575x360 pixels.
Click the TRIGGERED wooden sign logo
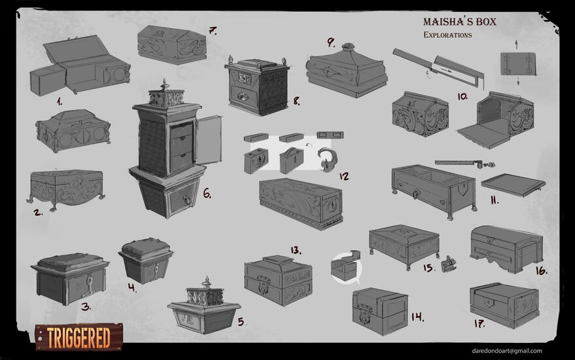[x=79, y=337]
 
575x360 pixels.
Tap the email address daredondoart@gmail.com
[x=507, y=351]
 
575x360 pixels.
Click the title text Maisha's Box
[x=459, y=22]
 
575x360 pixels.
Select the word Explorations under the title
[x=447, y=35]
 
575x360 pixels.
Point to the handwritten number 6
[x=207, y=193]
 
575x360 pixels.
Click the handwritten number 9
[x=331, y=42]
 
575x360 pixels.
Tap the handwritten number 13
[x=296, y=250]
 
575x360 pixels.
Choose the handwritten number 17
[x=479, y=323]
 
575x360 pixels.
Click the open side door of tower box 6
[x=209, y=140]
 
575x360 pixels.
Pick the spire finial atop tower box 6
[x=165, y=85]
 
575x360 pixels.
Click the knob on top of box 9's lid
[x=348, y=47]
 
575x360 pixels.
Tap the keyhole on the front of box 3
[x=89, y=283]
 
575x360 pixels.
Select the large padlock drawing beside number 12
[x=326, y=160]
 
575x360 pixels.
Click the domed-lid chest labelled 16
[x=506, y=249]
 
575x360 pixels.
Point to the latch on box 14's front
[x=365, y=315]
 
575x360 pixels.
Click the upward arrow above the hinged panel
[x=516, y=45]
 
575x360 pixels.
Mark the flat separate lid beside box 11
[x=514, y=185]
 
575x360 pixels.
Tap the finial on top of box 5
[x=207, y=282]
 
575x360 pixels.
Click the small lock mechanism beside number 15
[x=449, y=264]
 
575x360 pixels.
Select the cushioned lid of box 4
[x=146, y=247]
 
